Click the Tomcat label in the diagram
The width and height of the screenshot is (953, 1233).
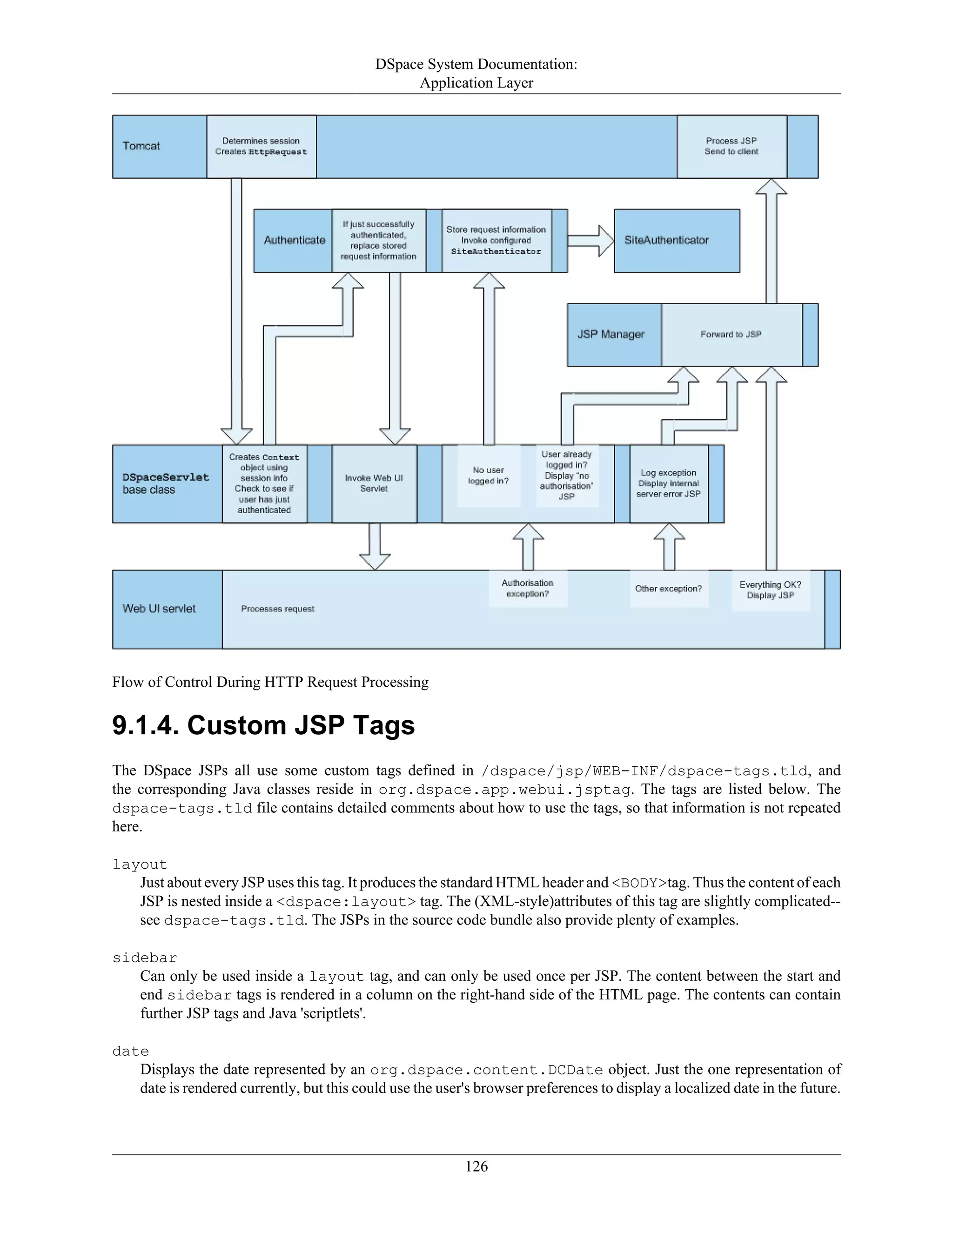(141, 146)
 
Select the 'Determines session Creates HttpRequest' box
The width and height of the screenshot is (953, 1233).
(262, 147)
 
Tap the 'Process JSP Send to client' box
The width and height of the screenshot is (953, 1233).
(731, 147)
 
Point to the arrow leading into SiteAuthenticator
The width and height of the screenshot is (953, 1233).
(590, 241)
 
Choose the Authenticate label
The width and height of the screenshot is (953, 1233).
(294, 241)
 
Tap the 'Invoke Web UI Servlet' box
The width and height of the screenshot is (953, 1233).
(374, 484)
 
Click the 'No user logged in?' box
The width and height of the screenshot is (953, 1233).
(488, 476)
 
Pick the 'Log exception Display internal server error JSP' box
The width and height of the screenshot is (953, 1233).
(669, 484)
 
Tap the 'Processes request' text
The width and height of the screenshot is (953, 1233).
(278, 609)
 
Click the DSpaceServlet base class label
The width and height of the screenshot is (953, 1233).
(165, 484)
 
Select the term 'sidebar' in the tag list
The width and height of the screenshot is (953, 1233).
(145, 958)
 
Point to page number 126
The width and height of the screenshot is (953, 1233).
(476, 1166)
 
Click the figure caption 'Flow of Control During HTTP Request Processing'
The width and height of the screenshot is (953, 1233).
(270, 683)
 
